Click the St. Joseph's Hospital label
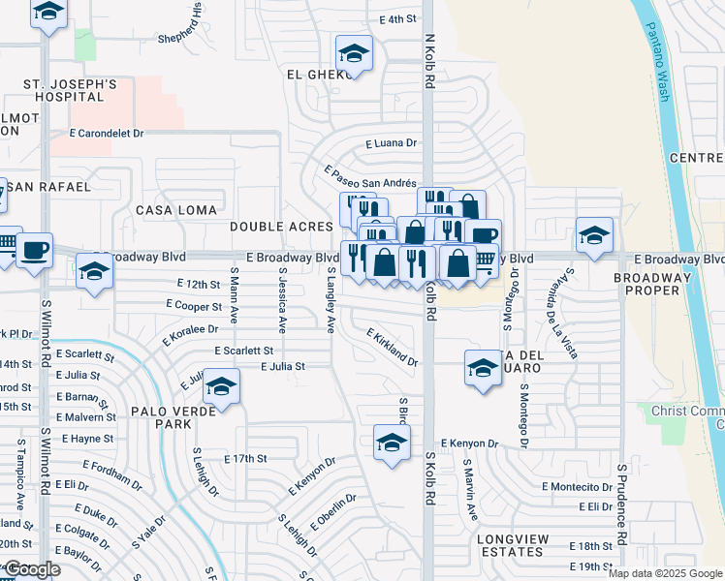71,92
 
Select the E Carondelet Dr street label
106,134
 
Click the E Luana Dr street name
391,143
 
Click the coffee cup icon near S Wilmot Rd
35,250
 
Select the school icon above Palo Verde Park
222,388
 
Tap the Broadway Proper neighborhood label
652,285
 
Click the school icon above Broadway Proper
594,234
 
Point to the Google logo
32,570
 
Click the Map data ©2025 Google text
665,573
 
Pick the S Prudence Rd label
621,504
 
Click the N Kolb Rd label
427,58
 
